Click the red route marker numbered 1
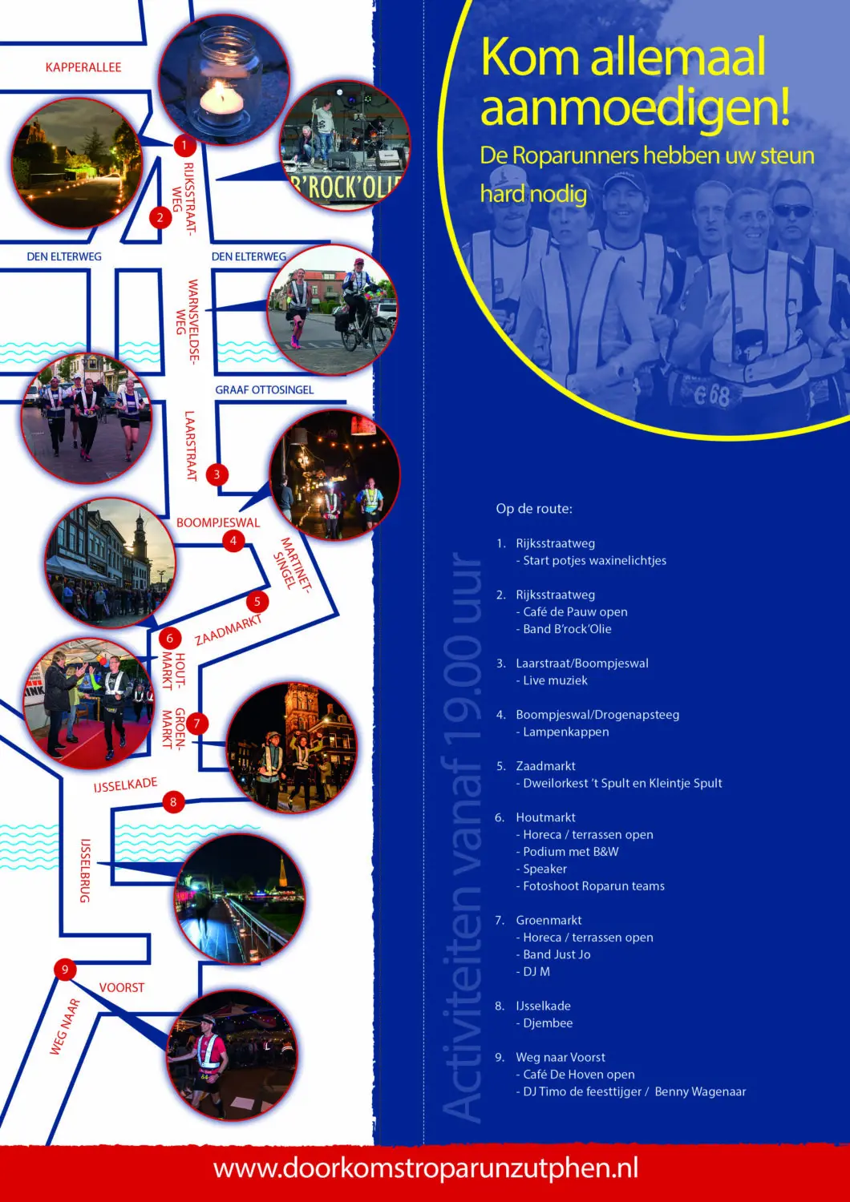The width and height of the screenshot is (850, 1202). (184, 145)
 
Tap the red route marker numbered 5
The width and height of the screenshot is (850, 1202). (257, 602)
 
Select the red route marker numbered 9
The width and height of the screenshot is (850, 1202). (65, 969)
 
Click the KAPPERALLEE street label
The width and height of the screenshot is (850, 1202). (83, 67)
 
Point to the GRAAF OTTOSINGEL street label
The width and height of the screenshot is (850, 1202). (264, 389)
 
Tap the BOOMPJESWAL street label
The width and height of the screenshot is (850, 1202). (218, 522)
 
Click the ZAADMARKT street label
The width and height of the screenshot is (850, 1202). (229, 629)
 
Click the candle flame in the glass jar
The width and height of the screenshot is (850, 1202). (221, 94)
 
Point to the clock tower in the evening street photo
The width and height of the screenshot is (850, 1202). (140, 542)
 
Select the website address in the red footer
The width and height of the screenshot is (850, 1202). (426, 1168)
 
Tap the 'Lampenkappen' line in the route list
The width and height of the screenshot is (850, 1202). (562, 732)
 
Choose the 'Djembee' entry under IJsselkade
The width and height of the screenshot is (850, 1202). (544, 1023)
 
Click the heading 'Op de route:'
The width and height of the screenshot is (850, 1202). (534, 509)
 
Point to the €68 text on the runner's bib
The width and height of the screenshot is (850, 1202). (711, 396)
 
